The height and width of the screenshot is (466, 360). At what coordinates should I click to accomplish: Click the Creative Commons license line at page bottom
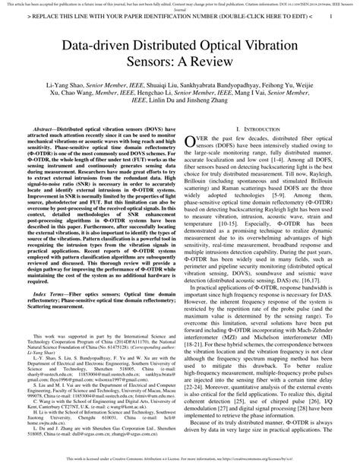pos(180,461)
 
